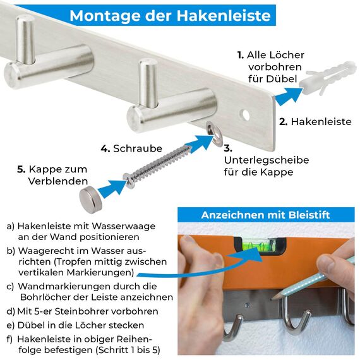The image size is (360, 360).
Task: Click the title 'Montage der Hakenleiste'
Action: point(170,16)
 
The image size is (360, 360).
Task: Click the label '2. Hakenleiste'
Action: point(315,121)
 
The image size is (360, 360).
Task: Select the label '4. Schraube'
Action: point(129,148)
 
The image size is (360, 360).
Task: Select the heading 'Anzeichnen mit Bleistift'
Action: point(265,215)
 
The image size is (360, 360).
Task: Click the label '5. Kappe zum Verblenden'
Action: point(57,175)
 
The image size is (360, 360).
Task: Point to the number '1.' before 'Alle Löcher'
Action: point(241,55)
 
